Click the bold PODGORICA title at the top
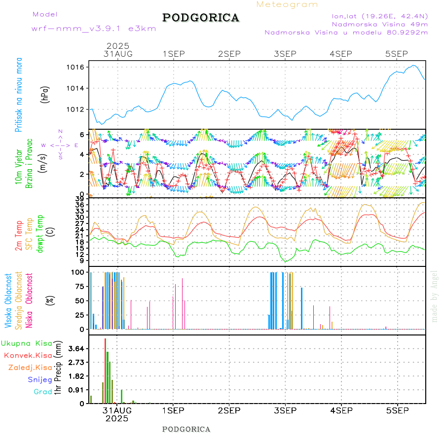tap(201, 18)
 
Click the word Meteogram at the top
tap(287, 4)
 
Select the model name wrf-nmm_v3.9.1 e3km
tap(94, 29)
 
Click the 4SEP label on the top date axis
tap(341, 54)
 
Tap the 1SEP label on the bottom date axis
tap(173, 410)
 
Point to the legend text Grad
tap(43, 392)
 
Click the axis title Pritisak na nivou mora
tap(19, 94)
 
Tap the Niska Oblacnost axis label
tap(30, 301)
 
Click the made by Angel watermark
tap(435, 296)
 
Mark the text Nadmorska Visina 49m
tap(379, 24)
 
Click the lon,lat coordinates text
tap(379, 15)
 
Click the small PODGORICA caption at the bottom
tap(186, 429)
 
